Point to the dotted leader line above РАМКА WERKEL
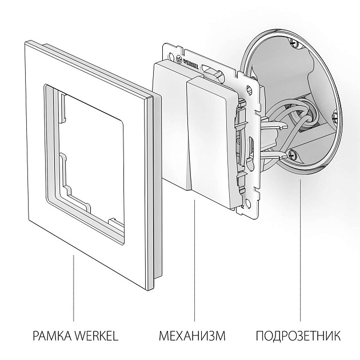(x=74, y=286)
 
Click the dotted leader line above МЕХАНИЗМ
(x=195, y=257)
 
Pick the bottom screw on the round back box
(x=293, y=153)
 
